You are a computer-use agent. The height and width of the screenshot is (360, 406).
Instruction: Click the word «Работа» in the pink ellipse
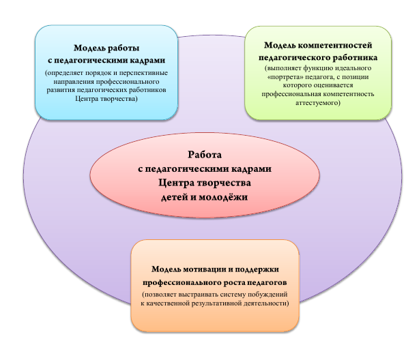click(205, 155)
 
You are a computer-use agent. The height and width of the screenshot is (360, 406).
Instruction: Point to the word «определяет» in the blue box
click(63, 73)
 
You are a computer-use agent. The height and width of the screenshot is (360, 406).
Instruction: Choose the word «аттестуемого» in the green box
click(318, 103)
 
